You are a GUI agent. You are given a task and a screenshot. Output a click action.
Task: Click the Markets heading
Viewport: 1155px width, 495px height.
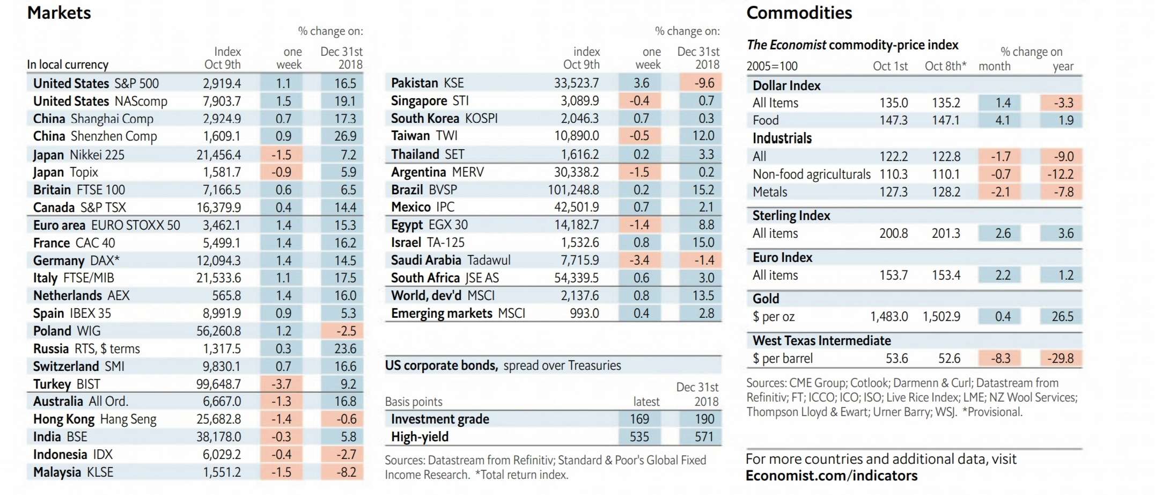click(x=59, y=13)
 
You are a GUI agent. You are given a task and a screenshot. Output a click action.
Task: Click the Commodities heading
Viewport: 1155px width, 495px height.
click(x=799, y=13)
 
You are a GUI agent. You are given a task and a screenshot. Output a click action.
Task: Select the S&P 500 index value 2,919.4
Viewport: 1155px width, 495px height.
click(x=222, y=83)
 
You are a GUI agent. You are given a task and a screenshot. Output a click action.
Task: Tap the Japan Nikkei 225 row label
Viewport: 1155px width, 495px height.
click(x=79, y=155)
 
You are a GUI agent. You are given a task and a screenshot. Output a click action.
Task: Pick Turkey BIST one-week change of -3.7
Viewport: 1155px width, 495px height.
click(x=281, y=384)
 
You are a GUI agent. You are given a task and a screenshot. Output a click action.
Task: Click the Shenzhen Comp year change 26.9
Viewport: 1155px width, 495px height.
click(x=345, y=136)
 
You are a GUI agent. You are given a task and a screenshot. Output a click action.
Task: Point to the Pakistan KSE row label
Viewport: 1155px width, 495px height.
click(x=428, y=83)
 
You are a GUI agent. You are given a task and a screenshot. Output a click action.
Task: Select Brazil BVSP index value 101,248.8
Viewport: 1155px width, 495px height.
click(x=573, y=190)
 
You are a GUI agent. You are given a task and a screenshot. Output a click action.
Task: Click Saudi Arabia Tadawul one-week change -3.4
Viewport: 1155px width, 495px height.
click(x=639, y=260)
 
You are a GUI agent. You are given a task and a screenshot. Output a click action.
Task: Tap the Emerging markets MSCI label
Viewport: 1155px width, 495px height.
click(x=458, y=314)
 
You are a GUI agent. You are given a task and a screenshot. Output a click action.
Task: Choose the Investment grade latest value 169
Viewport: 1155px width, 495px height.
click(x=639, y=419)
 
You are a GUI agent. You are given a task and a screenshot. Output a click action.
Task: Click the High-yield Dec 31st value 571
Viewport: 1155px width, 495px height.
click(x=704, y=437)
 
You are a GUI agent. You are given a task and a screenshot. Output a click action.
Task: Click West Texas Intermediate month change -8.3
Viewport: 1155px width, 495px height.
click(x=1000, y=359)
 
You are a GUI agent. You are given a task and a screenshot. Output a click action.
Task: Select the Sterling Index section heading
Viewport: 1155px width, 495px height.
click(x=791, y=216)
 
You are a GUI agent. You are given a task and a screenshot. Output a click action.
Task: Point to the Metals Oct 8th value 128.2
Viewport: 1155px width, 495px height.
click(x=946, y=192)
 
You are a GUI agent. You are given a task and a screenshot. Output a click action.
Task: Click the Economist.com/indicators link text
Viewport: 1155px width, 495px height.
click(x=832, y=476)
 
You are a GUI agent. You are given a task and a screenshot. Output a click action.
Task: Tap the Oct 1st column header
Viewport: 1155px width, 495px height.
click(x=890, y=67)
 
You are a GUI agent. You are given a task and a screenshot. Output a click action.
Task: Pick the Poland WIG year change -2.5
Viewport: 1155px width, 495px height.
click(x=346, y=331)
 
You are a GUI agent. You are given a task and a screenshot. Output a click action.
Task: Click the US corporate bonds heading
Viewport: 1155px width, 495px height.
click(x=441, y=366)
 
